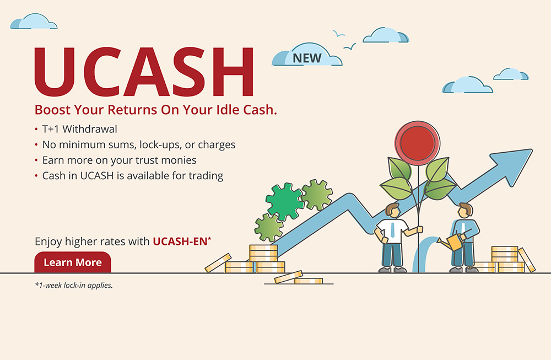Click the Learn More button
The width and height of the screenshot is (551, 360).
(x=73, y=262)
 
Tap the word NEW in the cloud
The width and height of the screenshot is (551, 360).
(x=307, y=58)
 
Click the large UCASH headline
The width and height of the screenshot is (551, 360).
(x=144, y=72)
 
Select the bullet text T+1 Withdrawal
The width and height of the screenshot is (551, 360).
(x=80, y=129)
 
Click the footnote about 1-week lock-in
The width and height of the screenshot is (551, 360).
(x=74, y=286)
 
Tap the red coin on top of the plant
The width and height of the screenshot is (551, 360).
(x=418, y=143)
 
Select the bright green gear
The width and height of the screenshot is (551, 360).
(x=285, y=201)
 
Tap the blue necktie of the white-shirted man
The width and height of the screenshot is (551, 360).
(x=393, y=229)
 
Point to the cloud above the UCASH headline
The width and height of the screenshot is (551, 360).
(x=34, y=22)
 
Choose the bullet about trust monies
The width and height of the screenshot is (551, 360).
(x=120, y=160)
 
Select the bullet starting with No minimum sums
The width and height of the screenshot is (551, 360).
(x=139, y=145)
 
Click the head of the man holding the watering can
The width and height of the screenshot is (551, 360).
(x=465, y=210)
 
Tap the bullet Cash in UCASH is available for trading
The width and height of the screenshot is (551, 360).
(x=133, y=176)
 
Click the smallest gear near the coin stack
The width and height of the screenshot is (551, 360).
(x=269, y=228)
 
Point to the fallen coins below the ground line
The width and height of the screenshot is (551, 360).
(x=299, y=278)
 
